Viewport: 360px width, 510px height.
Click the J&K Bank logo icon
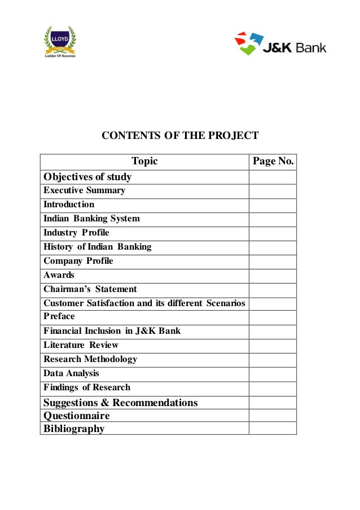pyautogui.click(x=249, y=43)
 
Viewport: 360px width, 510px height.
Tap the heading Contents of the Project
pyautogui.click(x=179, y=136)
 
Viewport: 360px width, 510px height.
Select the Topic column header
pyautogui.click(x=144, y=162)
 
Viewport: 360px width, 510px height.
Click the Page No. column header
pyautogui.click(x=273, y=162)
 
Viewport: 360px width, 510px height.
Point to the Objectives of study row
pyautogui.click(x=87, y=177)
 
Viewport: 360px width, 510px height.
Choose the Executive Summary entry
pyautogui.click(x=85, y=190)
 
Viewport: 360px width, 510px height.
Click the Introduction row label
pyautogui.click(x=69, y=204)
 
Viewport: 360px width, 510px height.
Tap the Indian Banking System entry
pyautogui.click(x=91, y=219)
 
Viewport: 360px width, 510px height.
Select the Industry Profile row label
pyautogui.click(x=76, y=233)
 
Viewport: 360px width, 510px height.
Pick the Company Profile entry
pyautogui.click(x=78, y=261)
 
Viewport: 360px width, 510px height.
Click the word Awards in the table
pyautogui.click(x=59, y=275)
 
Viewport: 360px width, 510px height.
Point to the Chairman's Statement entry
pyautogui.click(x=90, y=289)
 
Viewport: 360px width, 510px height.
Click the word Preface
pyautogui.click(x=59, y=316)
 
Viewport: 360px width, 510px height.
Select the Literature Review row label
pyautogui.click(x=81, y=345)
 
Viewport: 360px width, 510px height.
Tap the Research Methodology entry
pyautogui.click(x=90, y=359)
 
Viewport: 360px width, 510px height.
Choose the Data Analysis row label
pyautogui.click(x=71, y=373)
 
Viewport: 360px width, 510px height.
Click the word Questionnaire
pyautogui.click(x=77, y=416)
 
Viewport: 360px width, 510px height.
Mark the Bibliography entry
pyautogui.click(x=74, y=429)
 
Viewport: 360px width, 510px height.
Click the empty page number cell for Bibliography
pyautogui.click(x=273, y=429)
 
